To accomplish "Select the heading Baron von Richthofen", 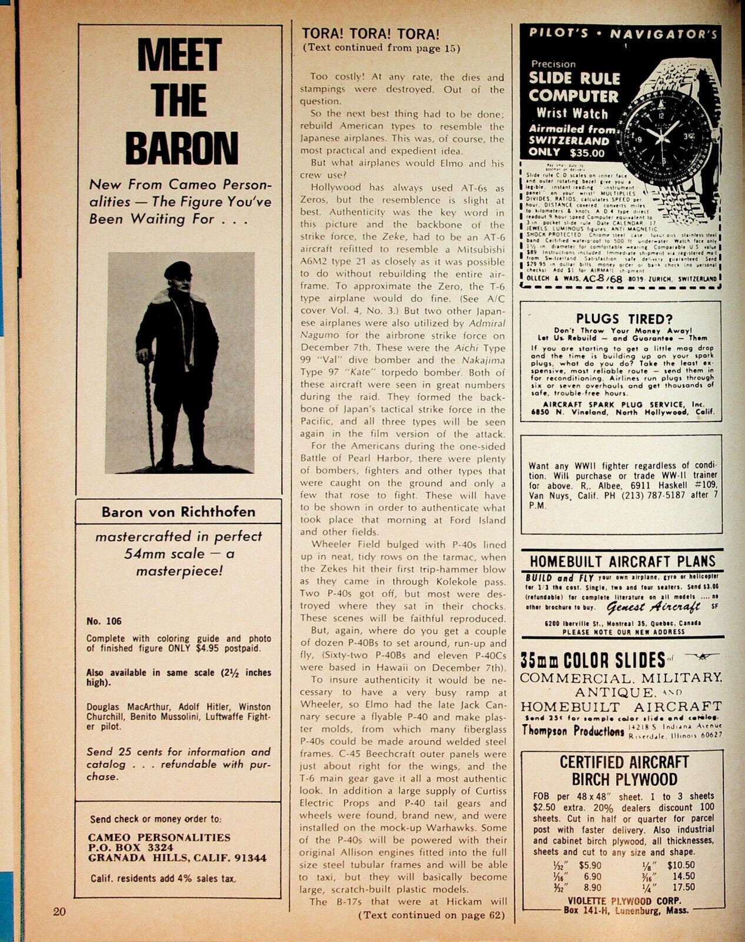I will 178,511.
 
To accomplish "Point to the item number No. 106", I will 104,621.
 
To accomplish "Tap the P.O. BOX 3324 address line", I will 131,847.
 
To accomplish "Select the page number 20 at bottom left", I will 59,913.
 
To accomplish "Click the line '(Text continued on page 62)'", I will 432,914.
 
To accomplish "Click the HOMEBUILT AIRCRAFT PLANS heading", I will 622,562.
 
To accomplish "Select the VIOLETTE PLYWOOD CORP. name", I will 619,900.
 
